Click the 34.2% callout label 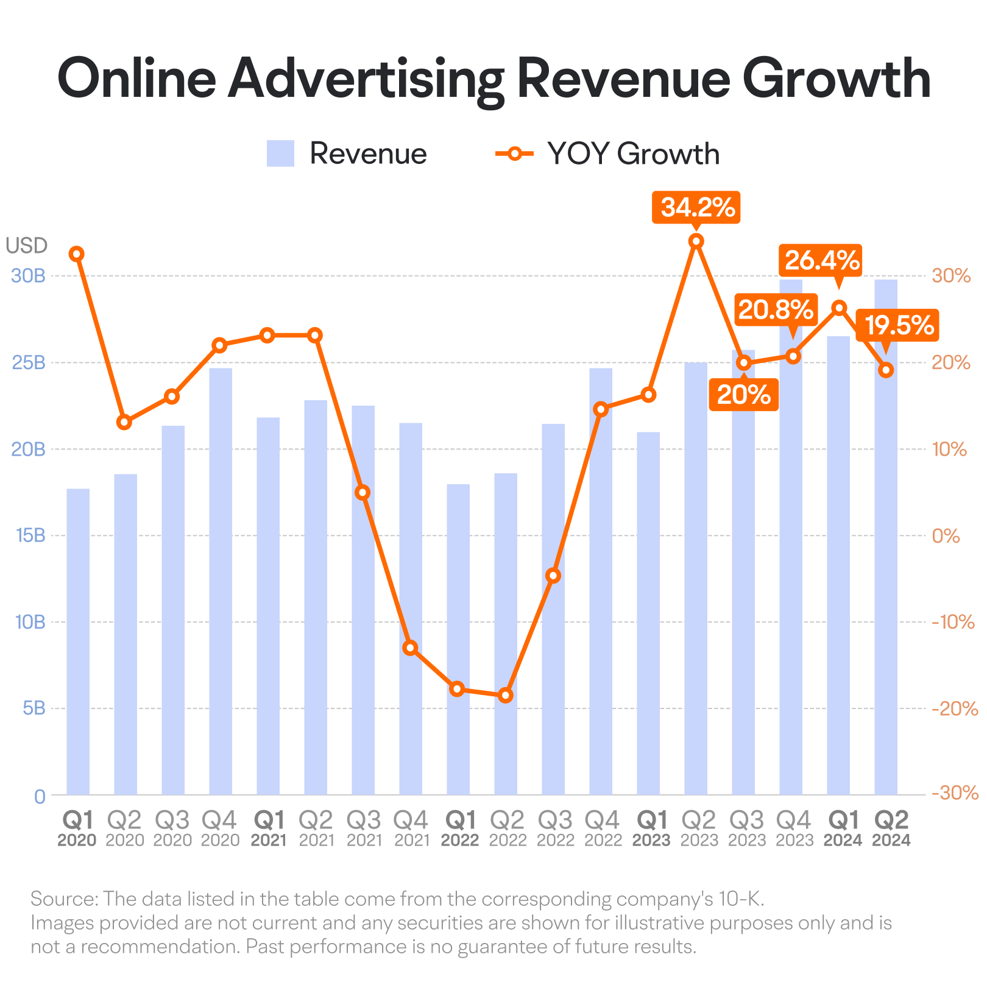tap(696, 208)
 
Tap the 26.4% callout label tap(821, 261)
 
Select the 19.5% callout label tap(897, 325)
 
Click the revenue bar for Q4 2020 tap(221, 581)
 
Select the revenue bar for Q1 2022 tap(458, 640)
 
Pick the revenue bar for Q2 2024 tap(886, 537)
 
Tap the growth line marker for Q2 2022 tap(506, 695)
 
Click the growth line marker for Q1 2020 tap(77, 254)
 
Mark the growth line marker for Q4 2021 tap(411, 648)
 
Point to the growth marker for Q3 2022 tap(553, 576)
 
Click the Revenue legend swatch tap(280, 154)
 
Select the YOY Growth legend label tap(633, 154)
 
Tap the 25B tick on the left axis tap(29, 363)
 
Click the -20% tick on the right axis tap(955, 708)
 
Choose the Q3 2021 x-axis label tap(363, 829)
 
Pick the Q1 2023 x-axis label tap(651, 829)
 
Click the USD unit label tap(27, 245)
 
